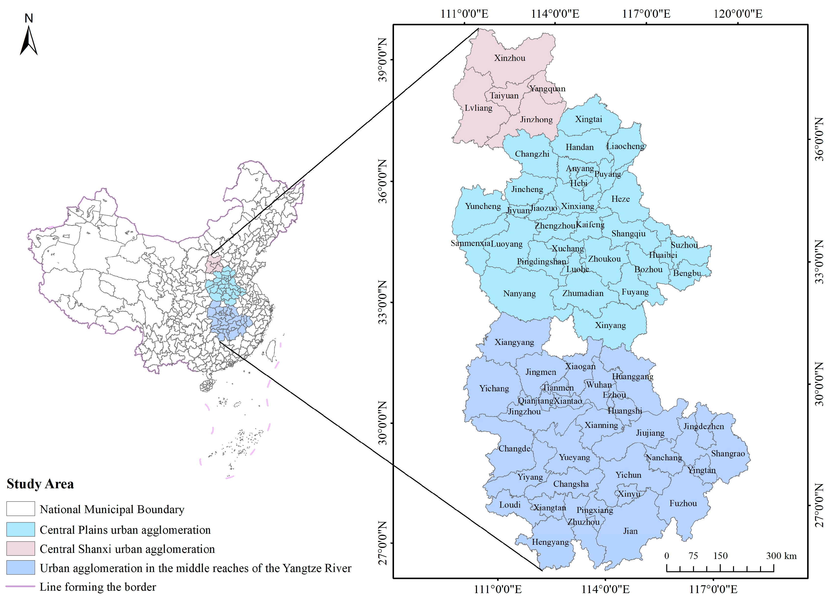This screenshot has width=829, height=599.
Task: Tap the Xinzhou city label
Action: pyautogui.click(x=510, y=58)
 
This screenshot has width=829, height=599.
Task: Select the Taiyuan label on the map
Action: pyautogui.click(x=504, y=96)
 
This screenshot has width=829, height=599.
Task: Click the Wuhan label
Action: pyautogui.click(x=599, y=385)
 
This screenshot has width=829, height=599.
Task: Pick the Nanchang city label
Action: pyautogui.click(x=664, y=458)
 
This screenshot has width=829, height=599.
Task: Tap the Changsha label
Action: pyautogui.click(x=571, y=484)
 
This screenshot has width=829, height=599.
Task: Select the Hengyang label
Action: pyautogui.click(x=550, y=542)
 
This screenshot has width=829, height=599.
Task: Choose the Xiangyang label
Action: pyautogui.click(x=514, y=342)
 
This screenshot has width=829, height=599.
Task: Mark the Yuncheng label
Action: pyautogui.click(x=483, y=206)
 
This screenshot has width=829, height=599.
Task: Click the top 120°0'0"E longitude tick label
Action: pyautogui.click(x=738, y=14)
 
